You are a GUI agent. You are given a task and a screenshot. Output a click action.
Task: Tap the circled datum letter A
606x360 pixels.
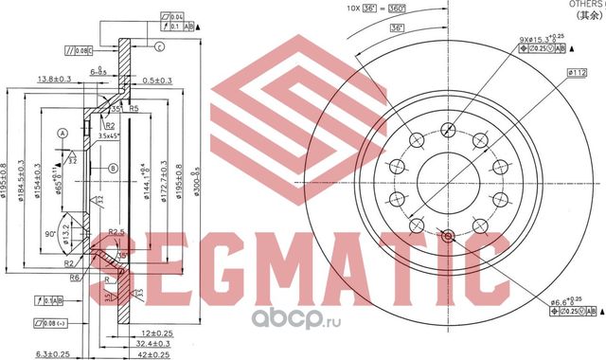pyautogui.click(x=63, y=133)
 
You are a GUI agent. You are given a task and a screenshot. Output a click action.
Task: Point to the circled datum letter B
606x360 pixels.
pyautogui.click(x=112, y=169)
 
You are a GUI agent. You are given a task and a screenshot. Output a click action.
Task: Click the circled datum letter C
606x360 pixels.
pyautogui.click(x=159, y=46)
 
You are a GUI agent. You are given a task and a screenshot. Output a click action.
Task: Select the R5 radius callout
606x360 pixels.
pyautogui.click(x=134, y=110)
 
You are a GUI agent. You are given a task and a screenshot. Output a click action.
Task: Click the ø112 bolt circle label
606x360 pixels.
pyautogui.click(x=573, y=72)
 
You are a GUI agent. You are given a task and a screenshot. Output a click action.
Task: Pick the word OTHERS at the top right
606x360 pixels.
pyautogui.click(x=584, y=5)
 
